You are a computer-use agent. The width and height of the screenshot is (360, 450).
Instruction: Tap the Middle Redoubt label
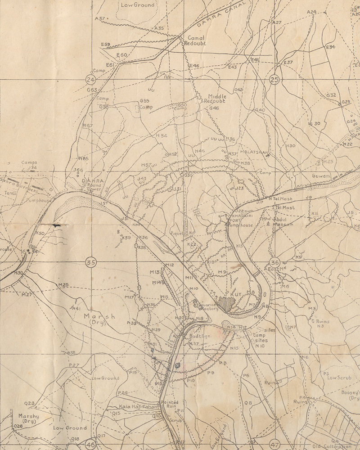pyautogui.click(x=217, y=99)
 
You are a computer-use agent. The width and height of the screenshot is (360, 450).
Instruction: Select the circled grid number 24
pyautogui.click(x=90, y=80)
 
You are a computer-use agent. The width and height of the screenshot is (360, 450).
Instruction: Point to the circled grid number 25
pyautogui.click(x=274, y=80)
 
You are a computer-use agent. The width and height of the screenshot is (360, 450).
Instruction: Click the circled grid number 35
pyautogui.click(x=91, y=262)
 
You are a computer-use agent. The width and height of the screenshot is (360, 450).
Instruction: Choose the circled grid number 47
pyautogui.click(x=275, y=443)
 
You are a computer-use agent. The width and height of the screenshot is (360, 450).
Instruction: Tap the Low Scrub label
pyautogui.click(x=338, y=378)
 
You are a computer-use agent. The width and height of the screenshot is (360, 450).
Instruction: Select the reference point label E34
pyautogui.click(x=331, y=47)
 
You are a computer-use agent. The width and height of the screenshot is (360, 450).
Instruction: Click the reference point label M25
pyautogui.click(x=63, y=285)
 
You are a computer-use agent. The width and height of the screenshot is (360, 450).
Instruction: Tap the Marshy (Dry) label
pyautogui.click(x=28, y=419)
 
